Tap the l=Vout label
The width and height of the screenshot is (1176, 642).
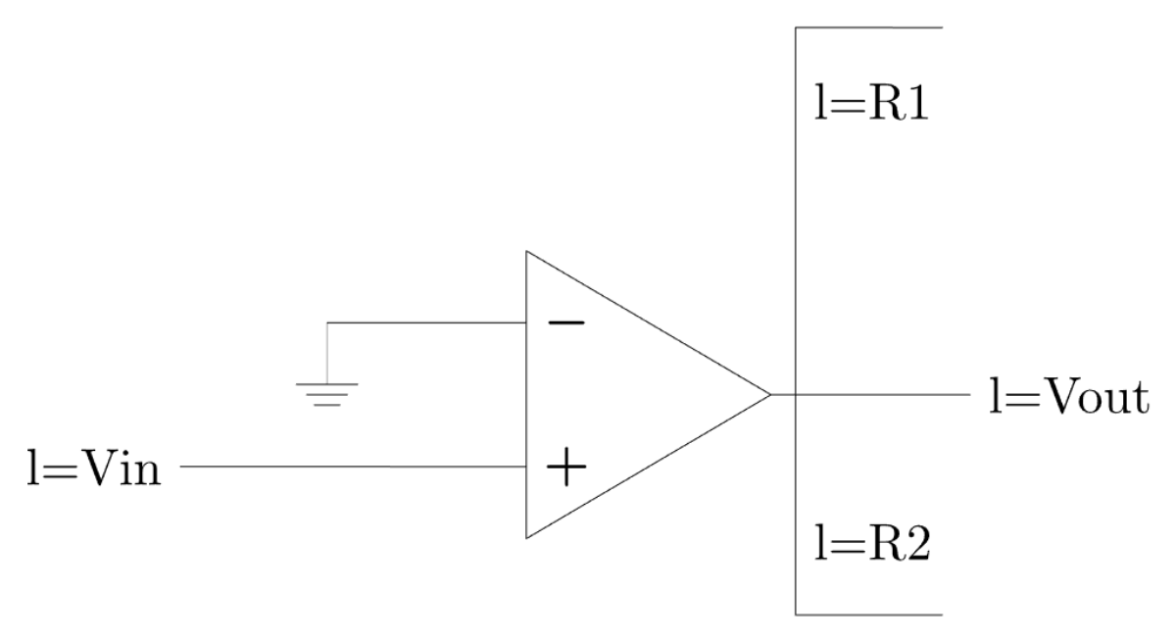click(1066, 398)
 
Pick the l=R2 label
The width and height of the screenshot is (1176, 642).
click(870, 541)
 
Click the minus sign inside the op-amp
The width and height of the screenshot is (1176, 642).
click(565, 322)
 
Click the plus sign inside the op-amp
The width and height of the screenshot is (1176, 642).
click(565, 469)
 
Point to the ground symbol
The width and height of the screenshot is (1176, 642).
click(327, 393)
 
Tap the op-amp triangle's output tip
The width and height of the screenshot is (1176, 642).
click(770, 395)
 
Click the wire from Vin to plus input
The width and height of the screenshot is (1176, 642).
click(353, 468)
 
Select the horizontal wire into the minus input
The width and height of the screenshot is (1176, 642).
click(426, 322)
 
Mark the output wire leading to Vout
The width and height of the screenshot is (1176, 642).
click(882, 395)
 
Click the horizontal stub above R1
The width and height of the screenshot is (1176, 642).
click(867, 27)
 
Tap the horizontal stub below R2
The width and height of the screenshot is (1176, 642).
click(867, 615)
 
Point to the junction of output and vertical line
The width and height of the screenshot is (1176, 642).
click(795, 395)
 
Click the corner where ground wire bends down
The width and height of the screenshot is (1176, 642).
click(327, 322)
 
